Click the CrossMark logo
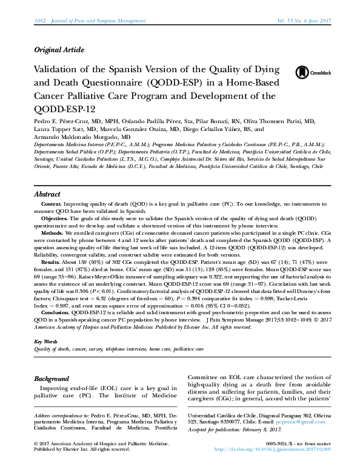pos(308,73)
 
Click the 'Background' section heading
pos(52,379)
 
